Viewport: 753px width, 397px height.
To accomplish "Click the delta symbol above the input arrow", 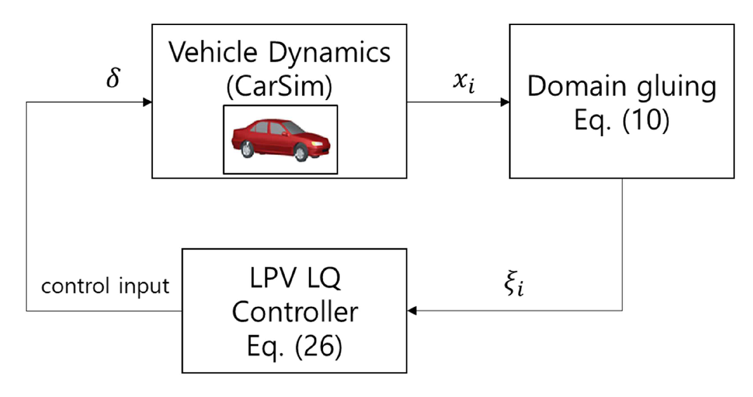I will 113,78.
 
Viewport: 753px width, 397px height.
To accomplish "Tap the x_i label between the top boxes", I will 464,82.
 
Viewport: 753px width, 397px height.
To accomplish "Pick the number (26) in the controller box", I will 318,347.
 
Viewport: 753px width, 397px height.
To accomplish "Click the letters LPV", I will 273,278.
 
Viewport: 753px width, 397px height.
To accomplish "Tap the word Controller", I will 295,312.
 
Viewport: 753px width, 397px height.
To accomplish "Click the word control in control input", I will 75,286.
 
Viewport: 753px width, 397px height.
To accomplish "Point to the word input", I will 144,287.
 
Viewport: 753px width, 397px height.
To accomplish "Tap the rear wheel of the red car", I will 247,149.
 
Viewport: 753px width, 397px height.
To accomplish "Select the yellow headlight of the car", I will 317,143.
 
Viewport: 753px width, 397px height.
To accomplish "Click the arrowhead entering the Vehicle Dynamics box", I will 148,102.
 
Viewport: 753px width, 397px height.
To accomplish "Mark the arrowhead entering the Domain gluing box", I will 505,102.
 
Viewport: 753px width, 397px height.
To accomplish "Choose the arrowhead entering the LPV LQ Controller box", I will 412,311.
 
